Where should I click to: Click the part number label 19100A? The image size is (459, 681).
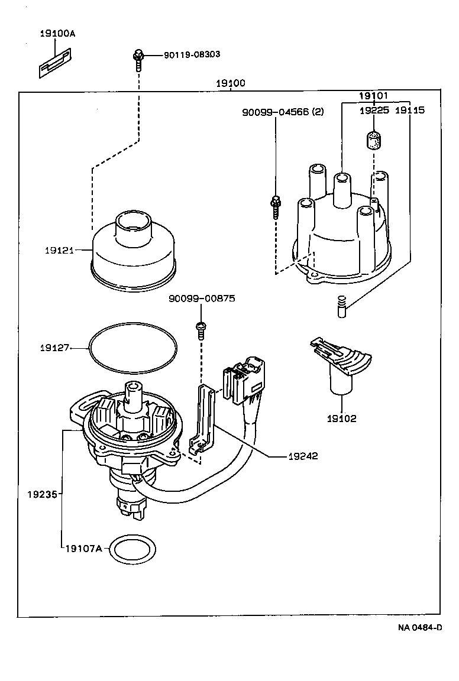[57, 34]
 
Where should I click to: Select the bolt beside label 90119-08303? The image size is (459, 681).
[137, 59]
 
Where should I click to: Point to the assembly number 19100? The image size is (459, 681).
[230, 83]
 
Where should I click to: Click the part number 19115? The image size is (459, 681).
[409, 110]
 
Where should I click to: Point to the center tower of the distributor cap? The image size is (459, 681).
[342, 189]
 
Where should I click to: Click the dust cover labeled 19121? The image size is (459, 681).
[134, 251]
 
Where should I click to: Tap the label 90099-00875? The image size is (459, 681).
[201, 299]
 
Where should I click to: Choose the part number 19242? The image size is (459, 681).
[303, 456]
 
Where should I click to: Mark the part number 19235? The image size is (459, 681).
[41, 492]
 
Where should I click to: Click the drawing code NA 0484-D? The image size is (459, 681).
[419, 627]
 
